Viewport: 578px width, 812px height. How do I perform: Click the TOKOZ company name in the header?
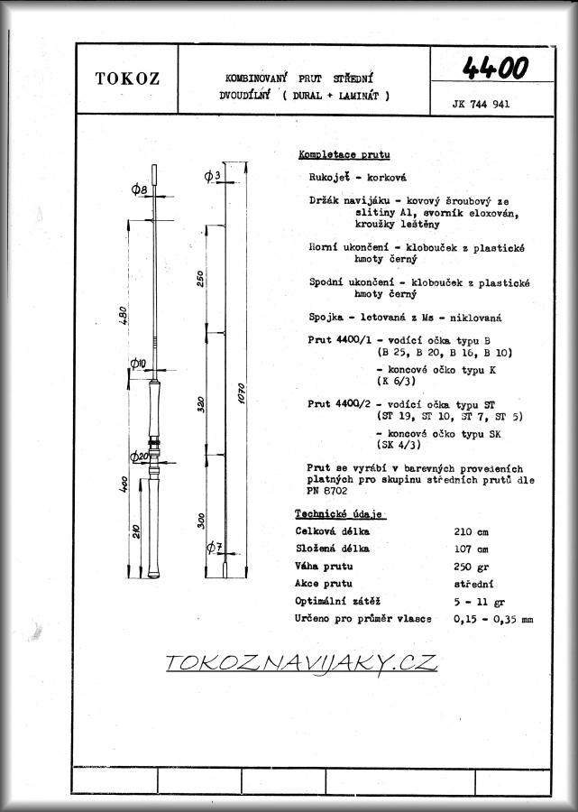[x=127, y=78]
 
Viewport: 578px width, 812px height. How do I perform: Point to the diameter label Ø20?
[x=138, y=457]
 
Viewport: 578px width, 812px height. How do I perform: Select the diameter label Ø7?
[x=213, y=547]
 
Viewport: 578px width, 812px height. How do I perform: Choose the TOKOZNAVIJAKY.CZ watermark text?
[x=301, y=663]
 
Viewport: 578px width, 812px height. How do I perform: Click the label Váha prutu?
[x=324, y=566]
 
